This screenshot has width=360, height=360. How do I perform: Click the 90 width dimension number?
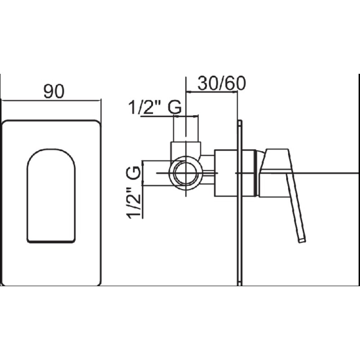point(54,91)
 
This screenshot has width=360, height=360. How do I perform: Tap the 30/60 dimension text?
point(221,83)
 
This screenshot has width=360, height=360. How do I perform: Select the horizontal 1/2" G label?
point(155,107)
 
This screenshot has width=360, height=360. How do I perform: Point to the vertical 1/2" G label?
point(133,192)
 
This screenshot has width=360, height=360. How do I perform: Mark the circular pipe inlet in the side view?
point(186,173)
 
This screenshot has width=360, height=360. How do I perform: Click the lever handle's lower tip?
point(302,240)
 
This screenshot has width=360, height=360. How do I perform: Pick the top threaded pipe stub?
point(186,129)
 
